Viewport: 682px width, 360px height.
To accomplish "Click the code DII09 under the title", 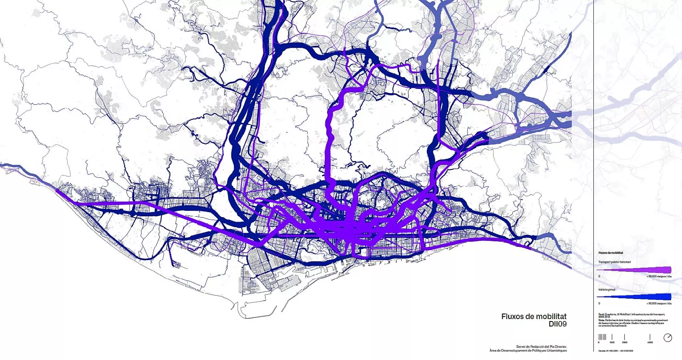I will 557,324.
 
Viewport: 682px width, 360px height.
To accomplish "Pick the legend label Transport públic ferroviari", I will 614,262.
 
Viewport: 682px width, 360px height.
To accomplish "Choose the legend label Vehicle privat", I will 607,289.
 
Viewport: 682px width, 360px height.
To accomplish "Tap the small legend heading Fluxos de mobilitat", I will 611,253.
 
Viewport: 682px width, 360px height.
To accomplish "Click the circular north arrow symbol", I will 668,338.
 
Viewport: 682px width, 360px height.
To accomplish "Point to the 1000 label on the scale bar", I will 612,342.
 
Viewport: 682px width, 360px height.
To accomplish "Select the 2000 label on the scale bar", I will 625,342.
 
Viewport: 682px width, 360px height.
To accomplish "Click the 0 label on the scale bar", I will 599,342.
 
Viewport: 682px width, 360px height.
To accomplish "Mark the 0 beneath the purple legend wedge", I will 599,276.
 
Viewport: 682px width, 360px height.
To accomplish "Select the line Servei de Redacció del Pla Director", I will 541,346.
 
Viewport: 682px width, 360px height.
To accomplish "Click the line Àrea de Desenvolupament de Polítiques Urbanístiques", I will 528,350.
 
